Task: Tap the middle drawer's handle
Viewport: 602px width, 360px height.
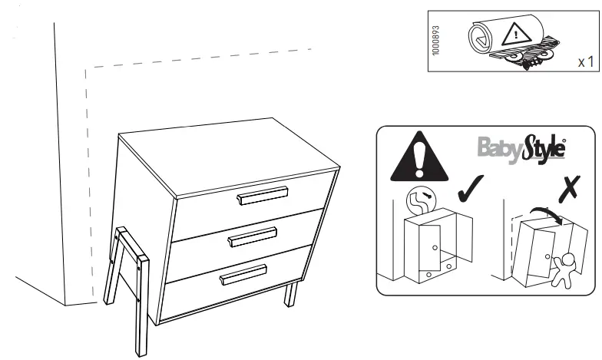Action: pyautogui.click(x=253, y=237)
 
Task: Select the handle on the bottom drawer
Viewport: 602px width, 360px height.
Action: pyautogui.click(x=243, y=274)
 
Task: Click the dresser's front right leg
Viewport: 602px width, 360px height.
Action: pyautogui.click(x=290, y=294)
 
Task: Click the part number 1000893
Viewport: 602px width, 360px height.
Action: pyautogui.click(x=436, y=40)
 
